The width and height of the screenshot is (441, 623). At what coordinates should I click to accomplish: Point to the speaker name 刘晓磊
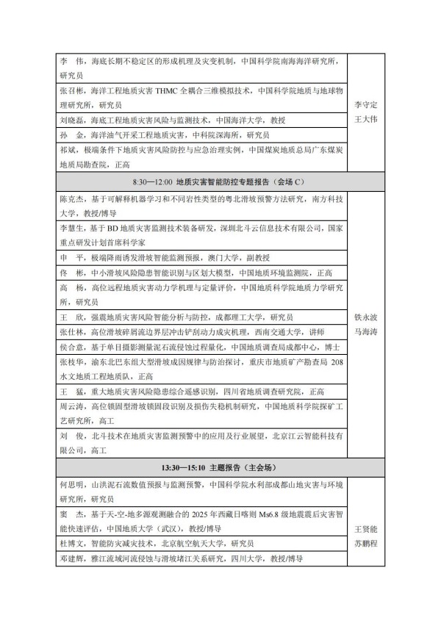tap(71, 120)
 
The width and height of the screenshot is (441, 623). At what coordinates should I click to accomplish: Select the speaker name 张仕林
tap(71, 332)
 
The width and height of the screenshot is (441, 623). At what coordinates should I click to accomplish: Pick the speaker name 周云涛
tap(71, 406)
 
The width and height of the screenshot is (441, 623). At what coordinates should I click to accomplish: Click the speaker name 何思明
tap(71, 485)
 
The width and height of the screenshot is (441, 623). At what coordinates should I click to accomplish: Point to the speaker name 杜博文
tap(71, 544)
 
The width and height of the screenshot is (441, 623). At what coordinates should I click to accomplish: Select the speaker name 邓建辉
tap(71, 559)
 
